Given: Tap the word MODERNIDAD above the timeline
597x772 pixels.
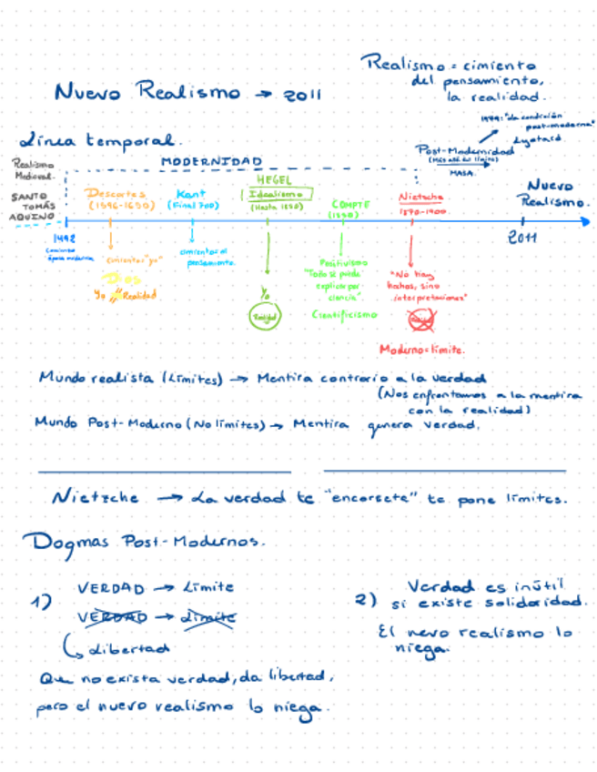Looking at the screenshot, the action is point(211,161).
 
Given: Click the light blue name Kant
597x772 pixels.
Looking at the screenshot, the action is point(191,194).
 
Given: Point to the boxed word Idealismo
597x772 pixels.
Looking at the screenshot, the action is point(276,194).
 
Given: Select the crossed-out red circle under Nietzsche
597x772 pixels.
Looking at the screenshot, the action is point(420,320).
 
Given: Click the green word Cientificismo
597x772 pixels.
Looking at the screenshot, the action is point(343,314).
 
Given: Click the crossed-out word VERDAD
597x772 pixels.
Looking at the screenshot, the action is point(114,617).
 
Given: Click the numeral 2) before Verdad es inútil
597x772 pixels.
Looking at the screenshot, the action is point(366,601).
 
